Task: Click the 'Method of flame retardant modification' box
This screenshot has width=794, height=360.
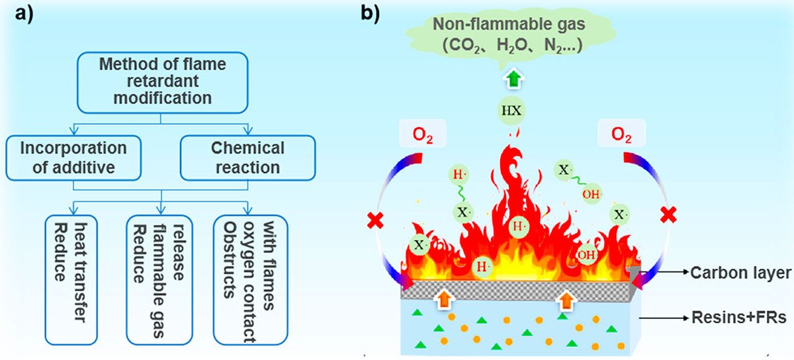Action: coord(162,83)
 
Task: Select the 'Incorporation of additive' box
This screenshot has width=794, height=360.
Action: coord(73,158)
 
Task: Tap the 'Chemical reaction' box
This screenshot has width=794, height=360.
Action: coord(247,158)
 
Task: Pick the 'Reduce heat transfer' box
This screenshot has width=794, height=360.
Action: coord(71,280)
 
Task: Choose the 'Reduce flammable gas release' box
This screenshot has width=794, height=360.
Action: coord(159,280)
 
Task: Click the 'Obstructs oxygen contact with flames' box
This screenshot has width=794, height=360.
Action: coord(250,280)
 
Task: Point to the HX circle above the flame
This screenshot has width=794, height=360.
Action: coord(511,111)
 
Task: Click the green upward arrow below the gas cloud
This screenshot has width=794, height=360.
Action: coord(513,79)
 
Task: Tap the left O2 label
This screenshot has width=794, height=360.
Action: coord(423,134)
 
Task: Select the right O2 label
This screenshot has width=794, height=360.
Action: coord(621,134)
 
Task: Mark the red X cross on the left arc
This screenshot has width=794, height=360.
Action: coord(375,220)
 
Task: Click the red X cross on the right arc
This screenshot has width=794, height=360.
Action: coord(668,215)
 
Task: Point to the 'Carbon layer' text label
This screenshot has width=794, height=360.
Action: coord(741,273)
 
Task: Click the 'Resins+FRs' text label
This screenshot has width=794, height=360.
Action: coord(739,318)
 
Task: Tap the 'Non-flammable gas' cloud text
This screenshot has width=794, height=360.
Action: coord(509,24)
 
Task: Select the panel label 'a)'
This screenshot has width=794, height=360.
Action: coord(24,15)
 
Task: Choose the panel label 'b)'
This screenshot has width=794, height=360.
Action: coord(371,14)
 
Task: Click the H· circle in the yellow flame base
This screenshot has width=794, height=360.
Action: coord(482,267)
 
